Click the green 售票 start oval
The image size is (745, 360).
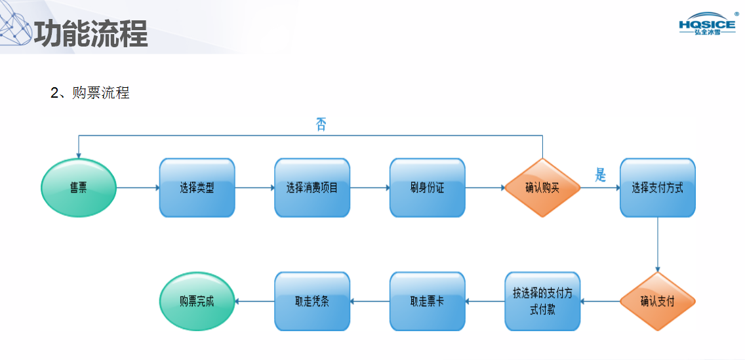coord(79,188)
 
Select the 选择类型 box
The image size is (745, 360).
coord(197,188)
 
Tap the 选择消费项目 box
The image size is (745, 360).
coord(312,188)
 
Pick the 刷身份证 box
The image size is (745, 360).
coord(427,188)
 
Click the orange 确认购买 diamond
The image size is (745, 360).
coord(542,188)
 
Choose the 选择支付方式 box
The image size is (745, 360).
coord(657,188)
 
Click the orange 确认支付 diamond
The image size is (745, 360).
coord(657,302)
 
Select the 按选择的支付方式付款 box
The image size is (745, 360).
coord(542,302)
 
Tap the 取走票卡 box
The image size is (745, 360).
coord(427,302)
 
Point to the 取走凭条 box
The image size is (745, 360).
coord(312,302)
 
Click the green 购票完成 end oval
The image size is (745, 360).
coord(197,302)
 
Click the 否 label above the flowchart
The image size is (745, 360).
coord(321,125)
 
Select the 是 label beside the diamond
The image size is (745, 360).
coord(600,176)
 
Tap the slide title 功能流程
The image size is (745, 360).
coord(91,33)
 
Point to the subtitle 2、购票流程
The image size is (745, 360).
coord(90,93)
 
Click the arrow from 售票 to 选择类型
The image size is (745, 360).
coord(138,188)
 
